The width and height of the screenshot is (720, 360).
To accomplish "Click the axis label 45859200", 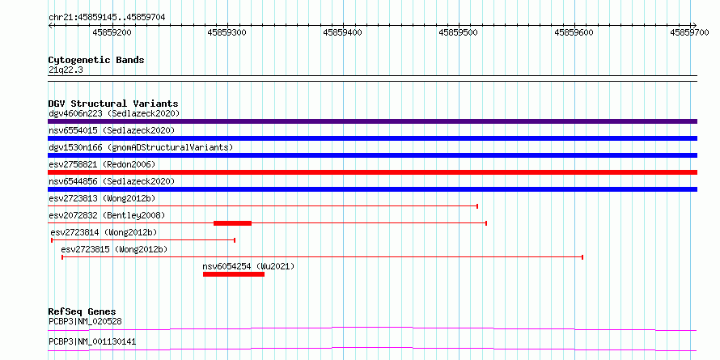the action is click(x=112, y=32).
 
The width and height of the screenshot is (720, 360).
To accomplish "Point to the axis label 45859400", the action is click(x=342, y=32).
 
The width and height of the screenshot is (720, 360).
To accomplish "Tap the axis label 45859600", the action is click(x=574, y=32).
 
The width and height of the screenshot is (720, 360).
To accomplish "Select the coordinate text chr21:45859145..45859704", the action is click(x=107, y=17).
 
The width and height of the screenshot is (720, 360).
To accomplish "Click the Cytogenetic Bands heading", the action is click(x=96, y=60).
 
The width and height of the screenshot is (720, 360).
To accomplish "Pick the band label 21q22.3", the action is click(x=66, y=70).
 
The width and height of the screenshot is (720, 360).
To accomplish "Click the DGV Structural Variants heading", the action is click(x=113, y=104).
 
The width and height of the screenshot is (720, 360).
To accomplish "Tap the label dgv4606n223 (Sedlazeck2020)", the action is click(x=114, y=113).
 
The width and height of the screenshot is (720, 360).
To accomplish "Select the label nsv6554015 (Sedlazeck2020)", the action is click(x=112, y=130).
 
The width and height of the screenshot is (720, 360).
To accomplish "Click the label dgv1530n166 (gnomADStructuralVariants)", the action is click(x=141, y=147).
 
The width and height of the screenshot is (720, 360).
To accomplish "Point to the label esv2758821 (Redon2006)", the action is click(x=102, y=164).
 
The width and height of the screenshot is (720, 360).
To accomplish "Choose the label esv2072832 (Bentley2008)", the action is click(x=107, y=215).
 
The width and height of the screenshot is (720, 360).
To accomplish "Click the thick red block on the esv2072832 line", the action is click(x=232, y=223).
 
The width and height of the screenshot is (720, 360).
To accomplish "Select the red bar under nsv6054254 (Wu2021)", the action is click(x=234, y=274).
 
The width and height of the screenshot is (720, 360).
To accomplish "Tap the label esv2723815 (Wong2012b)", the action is click(x=114, y=249).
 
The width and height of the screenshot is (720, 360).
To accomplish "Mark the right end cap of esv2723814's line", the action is click(x=235, y=240).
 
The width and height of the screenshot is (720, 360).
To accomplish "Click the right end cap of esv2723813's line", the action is click(x=477, y=206).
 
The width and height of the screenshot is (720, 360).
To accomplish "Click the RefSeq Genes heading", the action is click(x=83, y=312).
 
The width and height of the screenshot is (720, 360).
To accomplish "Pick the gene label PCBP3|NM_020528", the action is click(x=86, y=321).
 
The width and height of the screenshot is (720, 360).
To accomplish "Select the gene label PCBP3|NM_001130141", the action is click(x=92, y=342).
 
